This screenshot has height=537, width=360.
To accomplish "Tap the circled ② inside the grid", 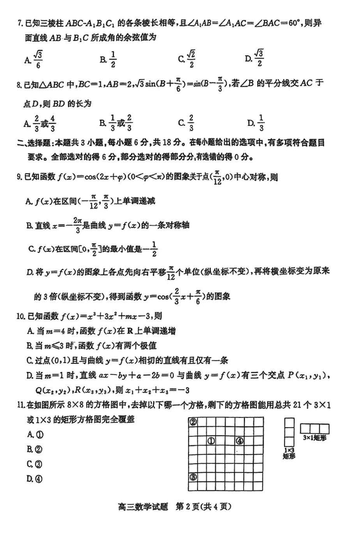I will point(193,422).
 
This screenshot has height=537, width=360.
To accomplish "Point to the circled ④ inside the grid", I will point(239,441).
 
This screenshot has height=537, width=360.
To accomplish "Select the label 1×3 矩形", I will point(289,453).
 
